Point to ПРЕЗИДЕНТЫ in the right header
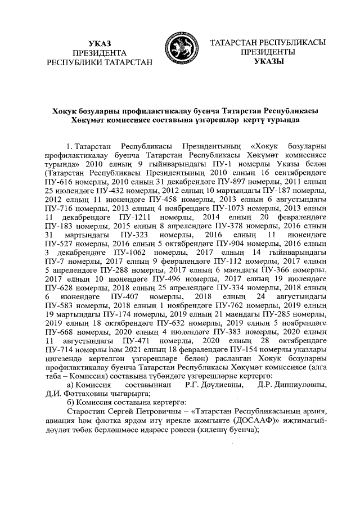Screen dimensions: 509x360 [x=269, y=52]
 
